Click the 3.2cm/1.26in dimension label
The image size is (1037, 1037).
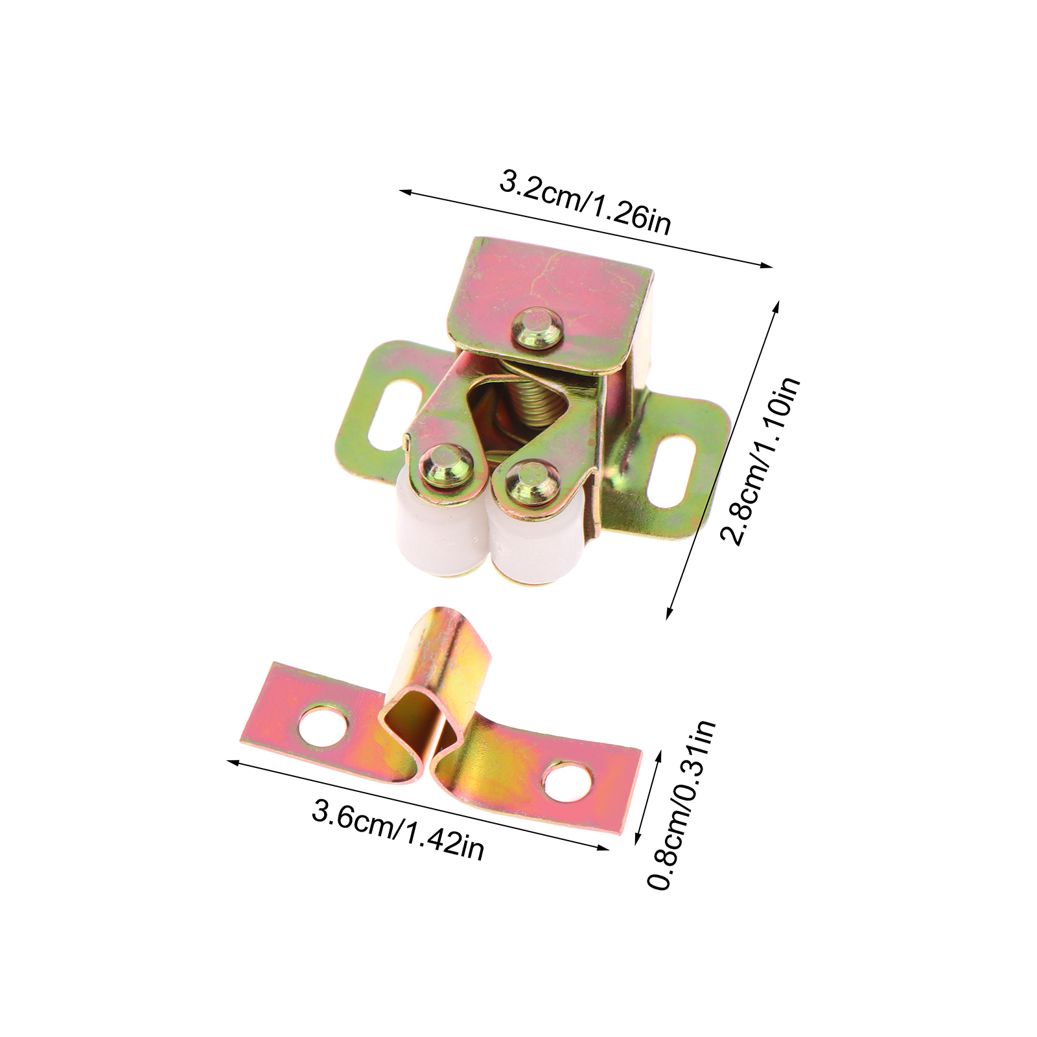click(585, 202)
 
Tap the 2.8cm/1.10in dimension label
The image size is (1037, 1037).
click(761, 461)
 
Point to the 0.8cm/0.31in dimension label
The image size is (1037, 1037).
click(682, 804)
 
